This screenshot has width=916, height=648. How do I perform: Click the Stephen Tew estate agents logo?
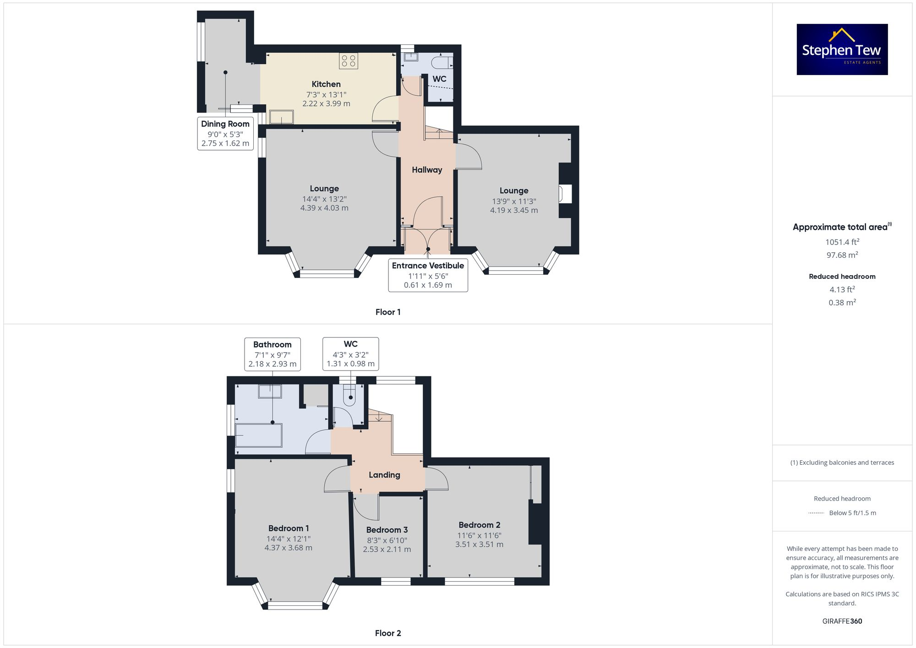click(842, 49)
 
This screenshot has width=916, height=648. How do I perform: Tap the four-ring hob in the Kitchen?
click(349, 61)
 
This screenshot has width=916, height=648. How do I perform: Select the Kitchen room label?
click(326, 84)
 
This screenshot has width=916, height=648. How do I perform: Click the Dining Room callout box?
click(225, 133)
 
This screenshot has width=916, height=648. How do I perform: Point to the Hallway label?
click(426, 170)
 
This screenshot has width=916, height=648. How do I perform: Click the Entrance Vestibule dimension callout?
click(428, 275)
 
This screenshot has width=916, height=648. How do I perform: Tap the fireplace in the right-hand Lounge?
click(565, 194)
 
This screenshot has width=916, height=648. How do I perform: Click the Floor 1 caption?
click(387, 312)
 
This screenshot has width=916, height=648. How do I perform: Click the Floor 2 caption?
click(387, 633)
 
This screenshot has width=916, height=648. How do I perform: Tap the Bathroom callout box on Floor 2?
click(272, 354)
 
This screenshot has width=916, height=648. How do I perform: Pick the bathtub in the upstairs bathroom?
click(258, 436)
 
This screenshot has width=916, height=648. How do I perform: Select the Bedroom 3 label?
click(387, 530)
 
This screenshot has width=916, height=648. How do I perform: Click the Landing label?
click(384, 475)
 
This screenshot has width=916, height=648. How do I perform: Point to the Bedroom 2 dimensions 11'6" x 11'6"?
click(479, 535)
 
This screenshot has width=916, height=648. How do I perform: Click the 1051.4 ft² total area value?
click(842, 242)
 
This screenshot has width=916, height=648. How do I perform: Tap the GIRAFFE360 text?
click(842, 621)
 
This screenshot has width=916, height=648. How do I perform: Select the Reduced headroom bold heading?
click(842, 277)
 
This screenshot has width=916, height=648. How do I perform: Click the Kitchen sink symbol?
click(281, 117)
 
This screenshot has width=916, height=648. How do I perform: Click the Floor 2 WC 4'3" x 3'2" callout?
click(350, 354)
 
